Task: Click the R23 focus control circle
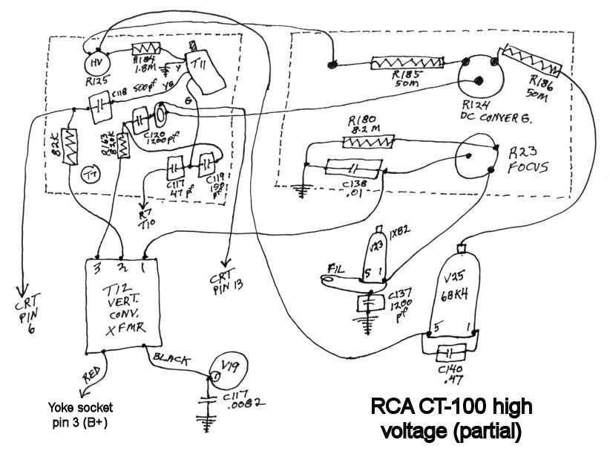point(475,160)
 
